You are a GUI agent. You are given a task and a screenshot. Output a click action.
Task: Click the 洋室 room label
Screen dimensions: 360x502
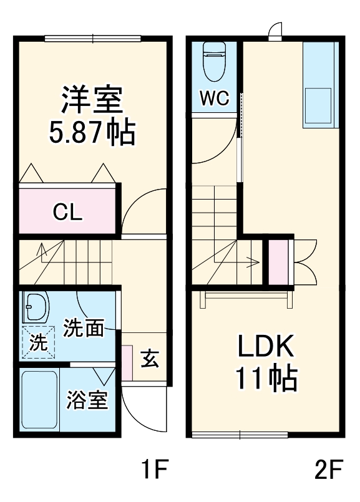pos(92,99)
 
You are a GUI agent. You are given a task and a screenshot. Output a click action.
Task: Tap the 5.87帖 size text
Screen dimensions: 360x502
pos(92,132)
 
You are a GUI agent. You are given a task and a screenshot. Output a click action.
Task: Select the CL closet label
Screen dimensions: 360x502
pos(67,212)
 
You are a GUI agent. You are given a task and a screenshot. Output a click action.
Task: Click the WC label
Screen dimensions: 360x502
pos(214,98)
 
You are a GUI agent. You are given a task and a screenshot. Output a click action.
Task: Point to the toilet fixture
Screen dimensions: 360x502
pos(215,62)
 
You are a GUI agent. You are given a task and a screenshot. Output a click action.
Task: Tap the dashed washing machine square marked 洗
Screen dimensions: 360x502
pos(39,342)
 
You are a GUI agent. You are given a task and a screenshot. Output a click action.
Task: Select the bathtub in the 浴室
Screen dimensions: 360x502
pos(39,400)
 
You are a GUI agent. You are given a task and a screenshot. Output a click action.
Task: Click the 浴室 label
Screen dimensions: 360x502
pos(87,400)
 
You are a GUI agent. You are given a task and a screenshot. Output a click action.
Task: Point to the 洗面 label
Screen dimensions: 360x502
pos(83,328)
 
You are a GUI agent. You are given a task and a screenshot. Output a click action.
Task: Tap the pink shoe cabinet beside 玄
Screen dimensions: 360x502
pos(127,363)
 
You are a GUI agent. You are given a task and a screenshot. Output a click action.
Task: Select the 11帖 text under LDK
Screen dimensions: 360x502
pos(267,378)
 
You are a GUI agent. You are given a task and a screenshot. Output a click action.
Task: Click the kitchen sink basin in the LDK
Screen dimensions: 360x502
pos(318,106)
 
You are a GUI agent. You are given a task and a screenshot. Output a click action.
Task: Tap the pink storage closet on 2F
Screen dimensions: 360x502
pos(278,262)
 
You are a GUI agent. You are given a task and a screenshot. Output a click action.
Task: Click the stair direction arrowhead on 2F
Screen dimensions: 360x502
pos(256,262)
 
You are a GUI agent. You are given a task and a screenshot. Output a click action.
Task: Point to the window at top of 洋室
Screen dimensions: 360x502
pos(92,39)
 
